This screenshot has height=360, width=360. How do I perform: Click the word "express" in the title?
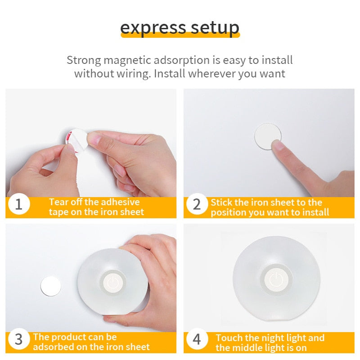[153, 29]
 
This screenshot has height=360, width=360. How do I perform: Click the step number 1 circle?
[18, 204]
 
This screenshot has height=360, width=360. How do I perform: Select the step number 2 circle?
[197, 204]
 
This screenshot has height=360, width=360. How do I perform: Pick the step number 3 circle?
[18, 339]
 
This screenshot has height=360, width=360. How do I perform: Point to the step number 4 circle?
[197, 339]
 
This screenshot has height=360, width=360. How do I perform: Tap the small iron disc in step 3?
[51, 286]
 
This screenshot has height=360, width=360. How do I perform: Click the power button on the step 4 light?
[276, 280]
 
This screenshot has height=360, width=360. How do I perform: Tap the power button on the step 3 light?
[113, 283]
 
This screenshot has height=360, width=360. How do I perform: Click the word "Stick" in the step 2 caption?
[221, 202]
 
